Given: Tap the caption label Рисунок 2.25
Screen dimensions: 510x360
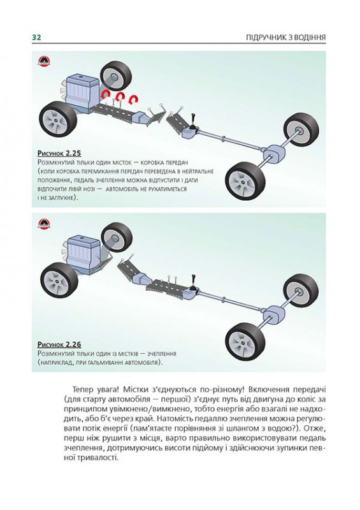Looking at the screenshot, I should pos(60,154).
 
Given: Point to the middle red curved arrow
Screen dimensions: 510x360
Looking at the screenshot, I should pos(120,97).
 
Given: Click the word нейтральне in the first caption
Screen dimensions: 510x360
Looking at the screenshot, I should pos(192,172).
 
